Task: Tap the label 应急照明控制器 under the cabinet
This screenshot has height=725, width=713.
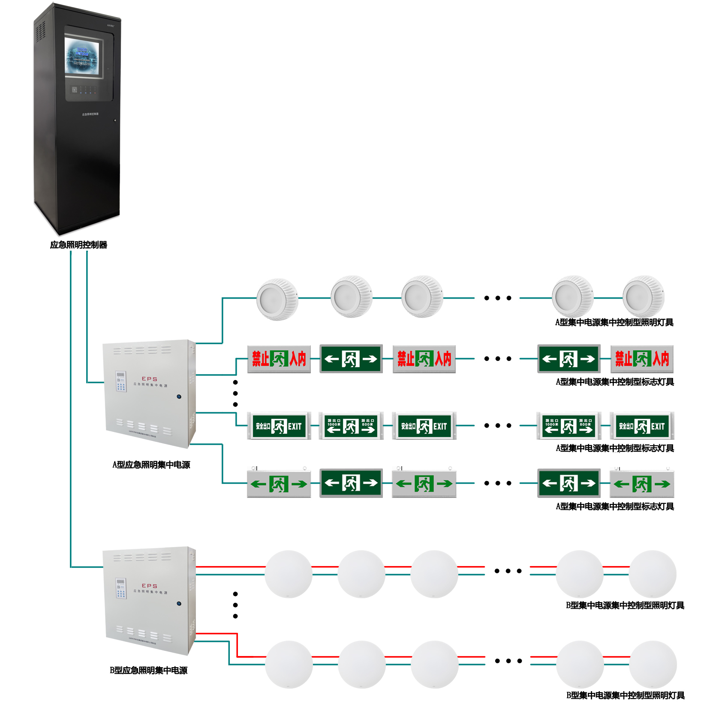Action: click(x=78, y=245)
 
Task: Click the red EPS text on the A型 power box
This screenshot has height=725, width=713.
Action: click(x=150, y=379)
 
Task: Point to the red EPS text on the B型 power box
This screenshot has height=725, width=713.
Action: click(x=150, y=586)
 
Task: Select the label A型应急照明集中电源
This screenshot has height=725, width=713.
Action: click(x=151, y=465)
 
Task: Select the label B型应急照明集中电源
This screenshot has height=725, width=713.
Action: click(x=148, y=671)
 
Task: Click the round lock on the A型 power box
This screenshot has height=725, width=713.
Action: click(x=179, y=397)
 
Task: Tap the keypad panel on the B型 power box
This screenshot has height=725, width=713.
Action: click(x=121, y=588)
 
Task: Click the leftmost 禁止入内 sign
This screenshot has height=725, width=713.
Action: click(x=279, y=359)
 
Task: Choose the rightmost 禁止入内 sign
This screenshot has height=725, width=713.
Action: click(x=642, y=359)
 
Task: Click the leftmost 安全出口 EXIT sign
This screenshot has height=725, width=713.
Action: click(x=279, y=426)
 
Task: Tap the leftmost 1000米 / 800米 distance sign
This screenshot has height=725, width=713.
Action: click(x=351, y=426)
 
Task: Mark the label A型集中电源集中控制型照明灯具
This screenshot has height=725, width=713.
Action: click(x=614, y=323)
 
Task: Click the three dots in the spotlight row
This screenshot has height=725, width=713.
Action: click(x=498, y=298)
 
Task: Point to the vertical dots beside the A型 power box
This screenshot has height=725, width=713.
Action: click(x=235, y=393)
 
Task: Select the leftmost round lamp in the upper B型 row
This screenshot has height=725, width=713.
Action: click(x=288, y=574)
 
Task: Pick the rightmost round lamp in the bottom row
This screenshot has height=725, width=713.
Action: click(x=653, y=664)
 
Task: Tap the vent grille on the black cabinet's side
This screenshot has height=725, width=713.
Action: click(x=41, y=32)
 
